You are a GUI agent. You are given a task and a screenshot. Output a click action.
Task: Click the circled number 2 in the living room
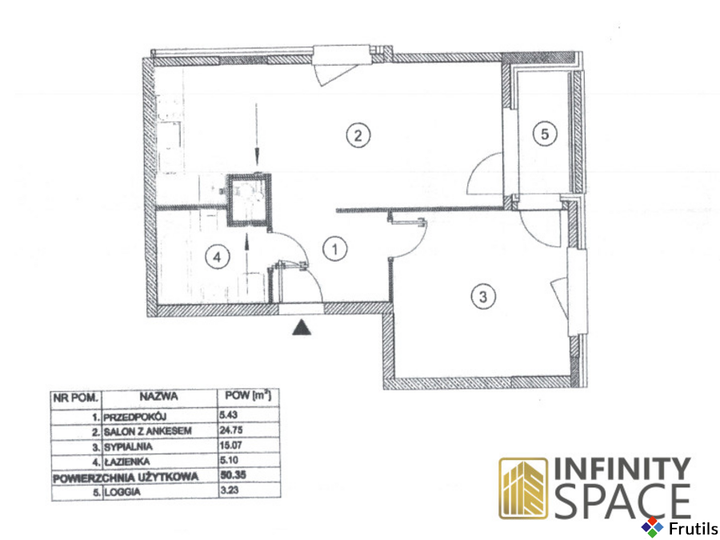click(x=358, y=135)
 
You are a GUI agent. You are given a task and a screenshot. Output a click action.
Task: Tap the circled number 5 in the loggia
click(x=545, y=134)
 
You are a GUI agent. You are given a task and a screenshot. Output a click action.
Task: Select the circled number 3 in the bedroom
click(x=483, y=297)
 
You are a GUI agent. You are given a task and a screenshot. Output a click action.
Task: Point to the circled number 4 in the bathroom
click(x=217, y=257)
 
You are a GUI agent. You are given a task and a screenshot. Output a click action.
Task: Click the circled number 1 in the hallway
click(x=334, y=249)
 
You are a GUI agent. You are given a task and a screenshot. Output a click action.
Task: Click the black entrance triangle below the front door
click(x=302, y=327)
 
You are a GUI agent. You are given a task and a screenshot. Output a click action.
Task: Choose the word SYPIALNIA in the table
click(x=128, y=446)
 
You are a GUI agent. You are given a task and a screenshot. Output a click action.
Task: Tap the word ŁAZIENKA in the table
click(x=126, y=462)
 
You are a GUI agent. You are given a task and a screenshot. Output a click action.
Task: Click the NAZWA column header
click(x=159, y=396)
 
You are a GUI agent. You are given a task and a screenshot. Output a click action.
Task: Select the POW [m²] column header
click(x=248, y=395)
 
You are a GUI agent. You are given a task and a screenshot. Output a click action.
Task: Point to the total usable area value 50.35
click(x=233, y=474)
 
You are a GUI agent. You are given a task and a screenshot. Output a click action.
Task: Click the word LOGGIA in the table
click(x=122, y=492)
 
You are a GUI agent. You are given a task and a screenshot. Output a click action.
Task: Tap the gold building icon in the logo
click(x=523, y=489)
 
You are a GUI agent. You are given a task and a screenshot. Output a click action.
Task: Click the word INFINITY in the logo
click(x=622, y=469)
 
